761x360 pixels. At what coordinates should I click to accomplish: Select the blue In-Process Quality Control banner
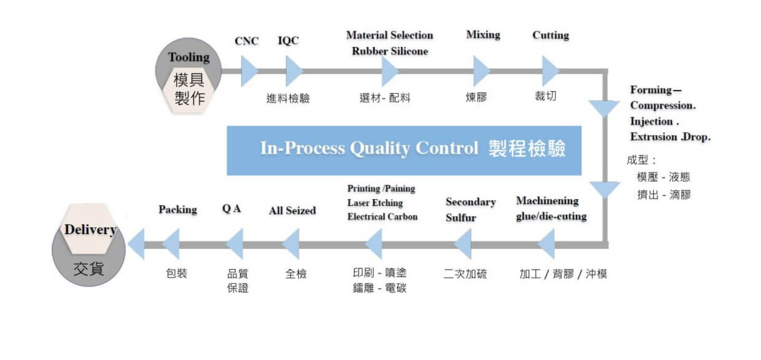tap(404, 150)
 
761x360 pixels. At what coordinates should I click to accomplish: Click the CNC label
tap(247, 41)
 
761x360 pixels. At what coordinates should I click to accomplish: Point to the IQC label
tap(288, 41)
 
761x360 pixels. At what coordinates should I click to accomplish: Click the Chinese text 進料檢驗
tap(288, 98)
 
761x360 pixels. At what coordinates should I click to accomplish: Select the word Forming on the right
tap(651, 90)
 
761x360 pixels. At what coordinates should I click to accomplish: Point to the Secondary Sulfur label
tap(470, 209)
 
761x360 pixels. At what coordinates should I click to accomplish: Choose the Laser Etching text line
tap(375, 203)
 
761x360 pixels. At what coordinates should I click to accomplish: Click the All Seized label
tap(292, 211)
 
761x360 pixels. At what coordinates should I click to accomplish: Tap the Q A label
tap(231, 209)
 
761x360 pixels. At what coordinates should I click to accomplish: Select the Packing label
tap(178, 210)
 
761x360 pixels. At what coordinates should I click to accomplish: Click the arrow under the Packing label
tap(171, 244)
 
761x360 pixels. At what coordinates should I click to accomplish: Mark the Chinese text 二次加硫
tap(465, 274)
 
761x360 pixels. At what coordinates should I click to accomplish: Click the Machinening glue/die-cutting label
tap(551, 209)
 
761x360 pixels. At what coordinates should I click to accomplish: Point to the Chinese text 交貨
tap(89, 269)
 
